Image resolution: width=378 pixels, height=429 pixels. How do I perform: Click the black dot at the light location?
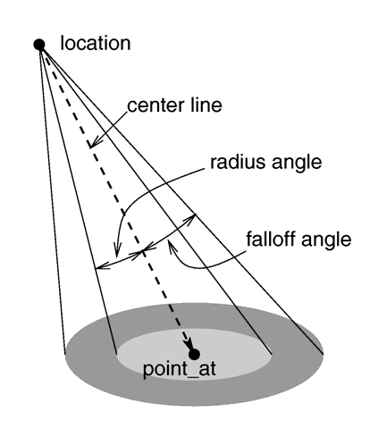[39, 45]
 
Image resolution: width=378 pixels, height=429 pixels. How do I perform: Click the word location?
[96, 44]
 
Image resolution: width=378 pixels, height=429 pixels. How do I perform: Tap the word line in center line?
[206, 105]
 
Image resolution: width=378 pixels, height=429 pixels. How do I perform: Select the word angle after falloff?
[325, 240]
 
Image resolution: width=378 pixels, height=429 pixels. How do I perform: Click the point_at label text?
[180, 369]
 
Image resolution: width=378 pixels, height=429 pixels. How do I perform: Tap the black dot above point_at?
[194, 355]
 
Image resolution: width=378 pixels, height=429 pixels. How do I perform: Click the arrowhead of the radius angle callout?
[117, 250]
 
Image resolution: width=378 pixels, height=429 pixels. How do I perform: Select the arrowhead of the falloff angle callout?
[171, 246]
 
